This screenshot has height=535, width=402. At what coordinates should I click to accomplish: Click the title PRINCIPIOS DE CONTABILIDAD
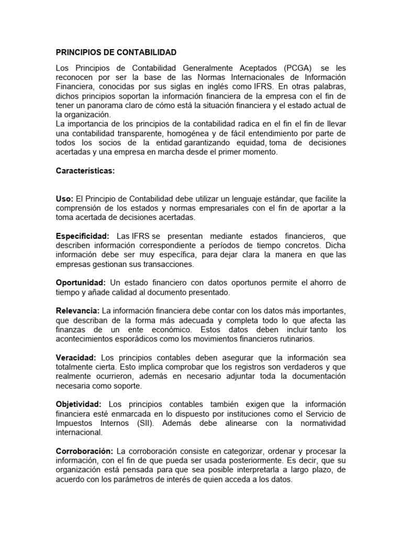[117, 53]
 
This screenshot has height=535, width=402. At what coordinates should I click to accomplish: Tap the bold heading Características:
[85, 171]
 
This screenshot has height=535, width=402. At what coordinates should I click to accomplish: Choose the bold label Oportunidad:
[81, 283]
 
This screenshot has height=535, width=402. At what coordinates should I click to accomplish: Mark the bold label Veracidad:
[76, 358]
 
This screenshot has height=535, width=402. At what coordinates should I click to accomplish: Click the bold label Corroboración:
[84, 451]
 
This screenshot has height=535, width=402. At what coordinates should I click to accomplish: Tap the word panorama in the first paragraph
[103, 106]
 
